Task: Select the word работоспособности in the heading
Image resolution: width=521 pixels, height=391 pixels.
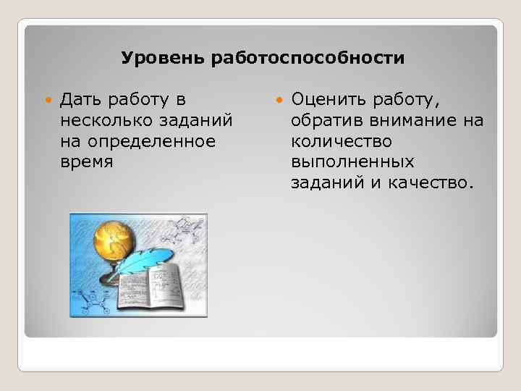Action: click(308, 57)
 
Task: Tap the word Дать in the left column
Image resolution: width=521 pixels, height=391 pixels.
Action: click(83, 98)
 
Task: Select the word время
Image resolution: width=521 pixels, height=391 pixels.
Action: click(87, 161)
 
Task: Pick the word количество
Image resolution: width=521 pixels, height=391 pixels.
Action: click(342, 140)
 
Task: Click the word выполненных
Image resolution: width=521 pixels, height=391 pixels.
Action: click(352, 161)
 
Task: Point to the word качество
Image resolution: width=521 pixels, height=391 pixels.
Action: click(435, 182)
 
